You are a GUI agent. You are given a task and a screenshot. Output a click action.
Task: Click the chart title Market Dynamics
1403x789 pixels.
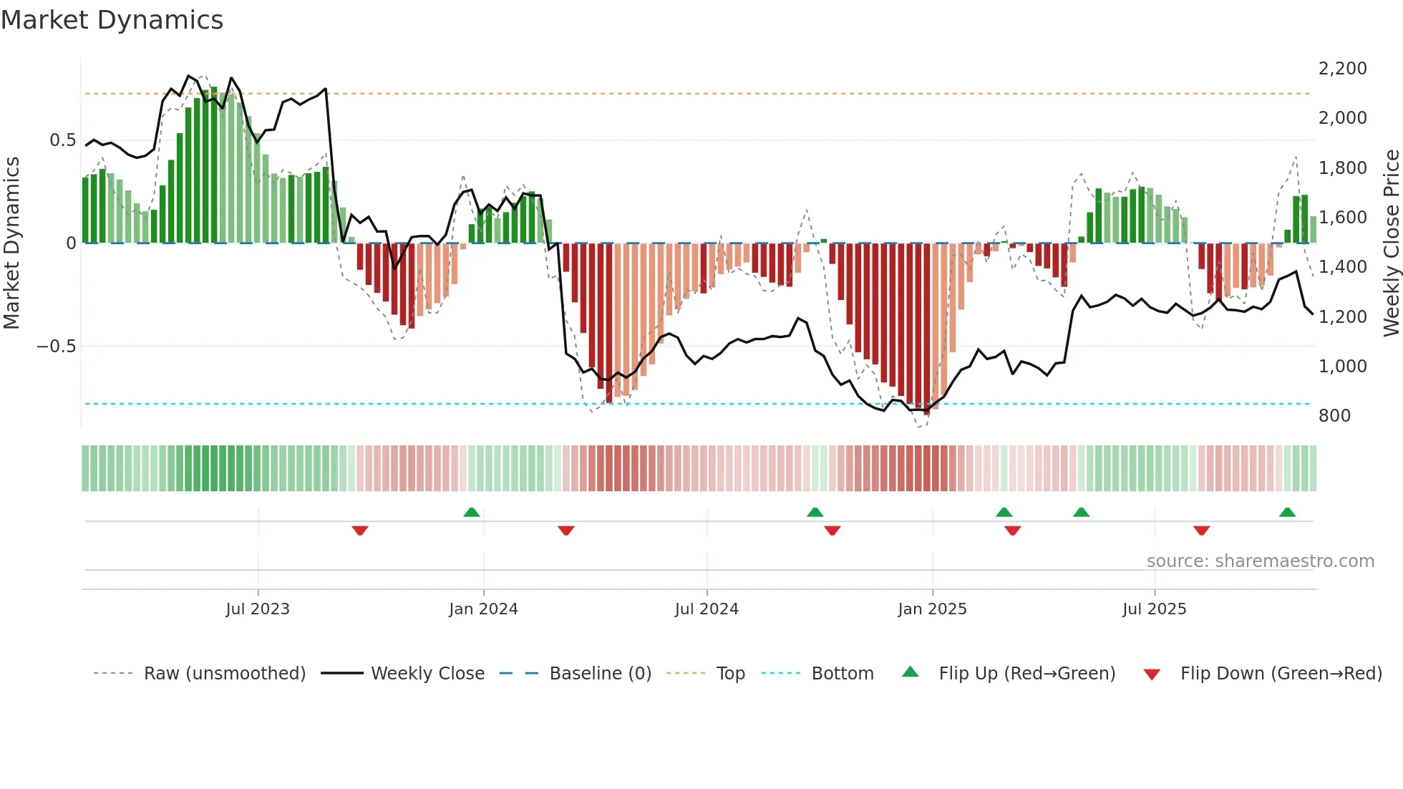(x=112, y=20)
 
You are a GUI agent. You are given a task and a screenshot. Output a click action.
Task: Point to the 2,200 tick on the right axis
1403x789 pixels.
(x=1342, y=69)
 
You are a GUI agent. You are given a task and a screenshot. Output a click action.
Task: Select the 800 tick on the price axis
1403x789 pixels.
(x=1334, y=416)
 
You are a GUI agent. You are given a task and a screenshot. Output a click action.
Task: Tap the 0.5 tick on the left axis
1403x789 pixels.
(x=63, y=140)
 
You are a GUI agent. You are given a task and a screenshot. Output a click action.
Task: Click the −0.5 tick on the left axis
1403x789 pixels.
(x=57, y=347)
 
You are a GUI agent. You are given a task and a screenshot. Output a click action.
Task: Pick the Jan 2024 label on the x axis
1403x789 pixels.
(x=483, y=609)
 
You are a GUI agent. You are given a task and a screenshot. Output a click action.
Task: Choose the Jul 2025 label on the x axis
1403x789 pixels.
(x=1154, y=609)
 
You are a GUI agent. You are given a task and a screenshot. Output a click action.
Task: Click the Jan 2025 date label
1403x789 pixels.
(x=932, y=609)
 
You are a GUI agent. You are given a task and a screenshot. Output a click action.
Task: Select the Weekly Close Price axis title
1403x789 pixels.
(x=1391, y=243)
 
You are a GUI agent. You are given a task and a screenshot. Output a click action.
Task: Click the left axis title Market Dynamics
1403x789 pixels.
(x=12, y=243)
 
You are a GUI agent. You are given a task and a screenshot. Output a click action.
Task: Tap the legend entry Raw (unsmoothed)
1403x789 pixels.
(x=224, y=674)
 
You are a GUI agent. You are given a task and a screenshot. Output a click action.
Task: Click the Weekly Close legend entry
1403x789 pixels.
(x=427, y=674)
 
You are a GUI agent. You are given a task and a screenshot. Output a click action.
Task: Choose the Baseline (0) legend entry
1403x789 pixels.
(x=600, y=674)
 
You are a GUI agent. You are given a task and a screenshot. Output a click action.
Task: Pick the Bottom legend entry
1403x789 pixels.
(x=842, y=674)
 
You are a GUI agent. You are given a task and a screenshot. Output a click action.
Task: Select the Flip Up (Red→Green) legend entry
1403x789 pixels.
(x=1026, y=674)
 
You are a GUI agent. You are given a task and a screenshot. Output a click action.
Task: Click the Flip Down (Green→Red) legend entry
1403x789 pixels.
(x=1281, y=674)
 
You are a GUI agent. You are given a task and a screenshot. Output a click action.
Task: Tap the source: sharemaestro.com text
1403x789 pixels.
(x=1260, y=561)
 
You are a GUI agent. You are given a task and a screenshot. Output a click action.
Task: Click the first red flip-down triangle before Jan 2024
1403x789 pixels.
(x=360, y=531)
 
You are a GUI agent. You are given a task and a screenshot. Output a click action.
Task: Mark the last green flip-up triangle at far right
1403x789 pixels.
(x=1287, y=512)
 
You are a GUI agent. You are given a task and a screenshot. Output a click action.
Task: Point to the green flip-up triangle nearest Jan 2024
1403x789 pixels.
(x=471, y=512)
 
